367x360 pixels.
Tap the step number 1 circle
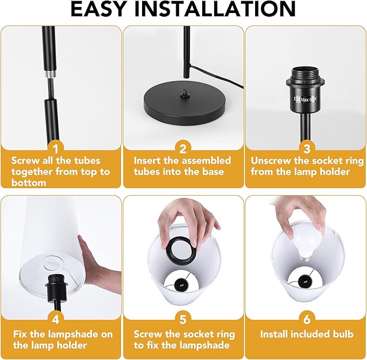tap(61, 149)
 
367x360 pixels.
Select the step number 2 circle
tap(183, 149)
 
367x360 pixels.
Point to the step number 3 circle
tap(306, 149)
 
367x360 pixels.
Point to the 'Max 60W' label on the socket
tap(307, 100)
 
